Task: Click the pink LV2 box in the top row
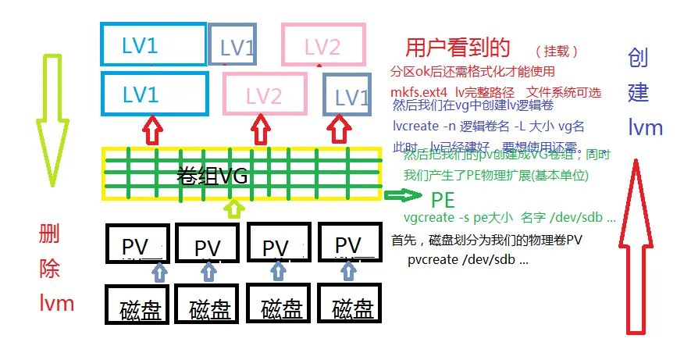point(322,47)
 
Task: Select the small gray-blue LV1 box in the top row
point(232,48)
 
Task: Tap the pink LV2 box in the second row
point(263,94)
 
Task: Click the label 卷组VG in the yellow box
point(212,176)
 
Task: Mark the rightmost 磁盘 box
point(352,305)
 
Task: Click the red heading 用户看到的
point(458,48)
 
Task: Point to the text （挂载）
point(557,52)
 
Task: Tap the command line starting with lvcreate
point(489,126)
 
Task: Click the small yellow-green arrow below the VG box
point(232,208)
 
